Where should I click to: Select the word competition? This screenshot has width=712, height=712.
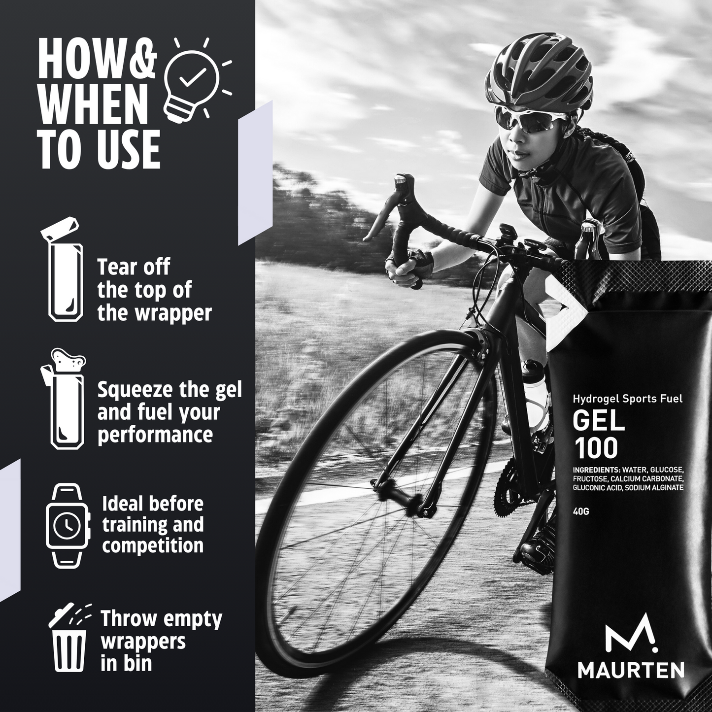click(x=153, y=546)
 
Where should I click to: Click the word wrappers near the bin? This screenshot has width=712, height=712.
click(x=143, y=641)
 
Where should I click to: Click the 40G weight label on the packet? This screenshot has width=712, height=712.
click(x=581, y=511)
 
